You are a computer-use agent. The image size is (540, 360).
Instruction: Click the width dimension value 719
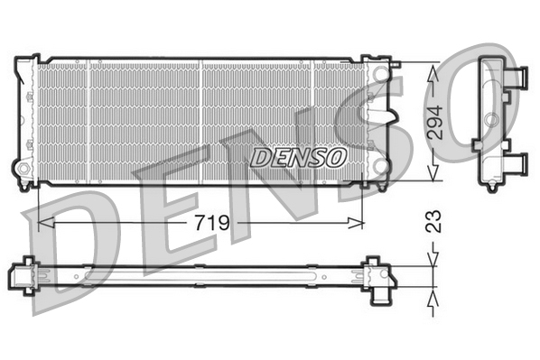pos(209,221)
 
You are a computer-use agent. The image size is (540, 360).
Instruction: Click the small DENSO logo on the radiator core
pos(298,157)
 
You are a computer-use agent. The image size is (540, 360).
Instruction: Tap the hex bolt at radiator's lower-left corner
pos(23,169)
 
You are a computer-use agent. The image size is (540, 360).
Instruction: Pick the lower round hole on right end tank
pos(381,169)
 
